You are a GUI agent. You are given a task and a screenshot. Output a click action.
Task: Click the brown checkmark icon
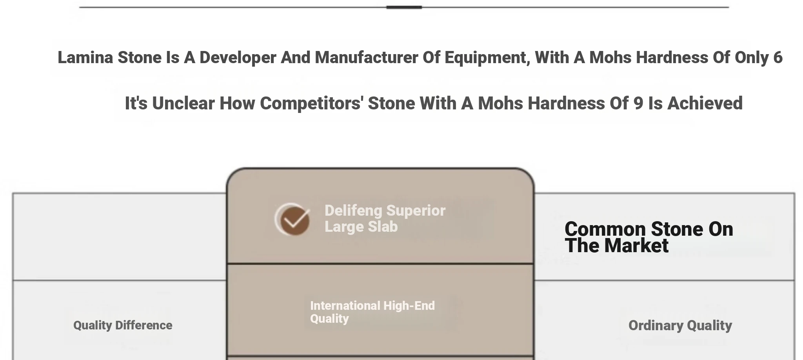(x=293, y=220)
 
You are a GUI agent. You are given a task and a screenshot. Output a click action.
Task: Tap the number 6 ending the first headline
(x=778, y=58)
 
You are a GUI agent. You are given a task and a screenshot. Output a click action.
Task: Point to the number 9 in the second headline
(x=638, y=104)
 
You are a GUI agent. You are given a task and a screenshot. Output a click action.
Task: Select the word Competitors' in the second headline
(x=311, y=104)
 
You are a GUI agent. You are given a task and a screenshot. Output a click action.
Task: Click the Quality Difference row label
(x=123, y=325)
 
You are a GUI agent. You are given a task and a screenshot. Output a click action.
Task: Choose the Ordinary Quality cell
(x=680, y=326)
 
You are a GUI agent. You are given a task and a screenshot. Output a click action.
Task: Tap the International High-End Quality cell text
(x=372, y=312)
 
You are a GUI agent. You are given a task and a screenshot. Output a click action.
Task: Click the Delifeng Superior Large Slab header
(x=385, y=219)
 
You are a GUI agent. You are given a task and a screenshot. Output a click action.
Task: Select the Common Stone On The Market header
(x=649, y=238)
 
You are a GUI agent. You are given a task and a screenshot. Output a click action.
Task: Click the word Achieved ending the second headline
(x=705, y=104)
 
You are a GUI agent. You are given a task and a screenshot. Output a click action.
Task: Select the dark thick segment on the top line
(x=404, y=7)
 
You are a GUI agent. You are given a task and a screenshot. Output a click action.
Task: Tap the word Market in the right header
(x=636, y=246)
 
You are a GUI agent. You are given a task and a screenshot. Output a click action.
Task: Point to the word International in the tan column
(x=345, y=306)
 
